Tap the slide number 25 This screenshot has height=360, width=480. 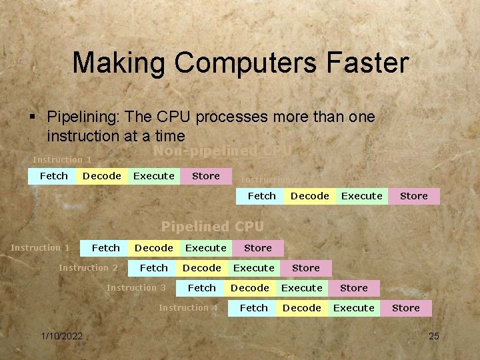pyautogui.click(x=434, y=336)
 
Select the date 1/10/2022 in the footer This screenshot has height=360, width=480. pyautogui.click(x=61, y=336)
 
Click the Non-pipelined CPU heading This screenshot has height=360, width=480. pyautogui.click(x=222, y=151)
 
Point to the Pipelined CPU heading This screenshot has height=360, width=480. pyautogui.click(x=213, y=227)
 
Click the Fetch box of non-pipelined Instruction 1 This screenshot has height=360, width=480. pyautogui.click(x=53, y=176)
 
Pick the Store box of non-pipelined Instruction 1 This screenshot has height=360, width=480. pyautogui.click(x=205, y=176)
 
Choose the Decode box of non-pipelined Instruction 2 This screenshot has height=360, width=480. pyautogui.click(x=309, y=196)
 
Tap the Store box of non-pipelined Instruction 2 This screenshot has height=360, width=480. pyautogui.click(x=413, y=196)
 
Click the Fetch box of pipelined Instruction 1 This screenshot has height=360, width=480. pyautogui.click(x=105, y=248)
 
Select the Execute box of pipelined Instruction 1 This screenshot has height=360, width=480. pyautogui.click(x=205, y=248)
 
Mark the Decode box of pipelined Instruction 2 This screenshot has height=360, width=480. pyautogui.click(x=201, y=268)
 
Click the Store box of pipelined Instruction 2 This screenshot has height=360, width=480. pyautogui.click(x=305, y=268)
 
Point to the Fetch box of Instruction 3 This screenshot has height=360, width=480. pyautogui.click(x=201, y=288)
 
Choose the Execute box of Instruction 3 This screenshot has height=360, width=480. pyautogui.click(x=301, y=288)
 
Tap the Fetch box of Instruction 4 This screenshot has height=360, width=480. pyautogui.click(x=253, y=308)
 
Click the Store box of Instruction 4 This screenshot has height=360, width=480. pyautogui.click(x=405, y=308)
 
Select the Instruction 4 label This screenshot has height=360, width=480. pyautogui.click(x=188, y=308)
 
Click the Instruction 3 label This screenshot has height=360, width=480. pyautogui.click(x=136, y=288)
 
